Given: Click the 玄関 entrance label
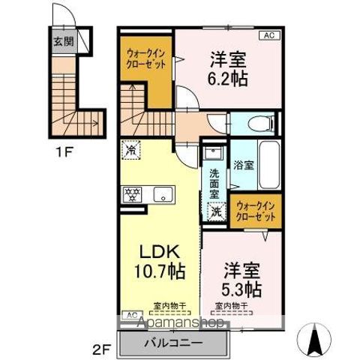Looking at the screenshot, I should [61, 41].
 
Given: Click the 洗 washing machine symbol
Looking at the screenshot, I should [215, 212].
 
